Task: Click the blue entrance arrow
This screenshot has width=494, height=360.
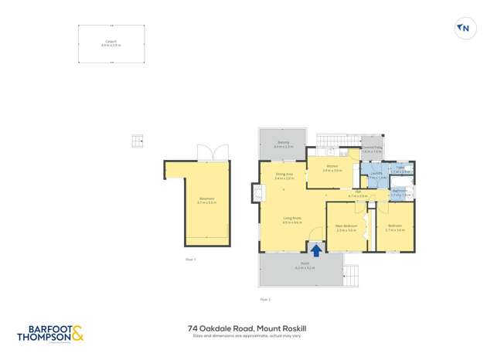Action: pos(316,250)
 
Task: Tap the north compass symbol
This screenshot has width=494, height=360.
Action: pos(464,29)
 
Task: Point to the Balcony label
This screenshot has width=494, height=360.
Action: pos(284,143)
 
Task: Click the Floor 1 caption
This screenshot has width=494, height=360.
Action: pos(190,259)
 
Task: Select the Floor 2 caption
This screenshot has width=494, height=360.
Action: pos(264,299)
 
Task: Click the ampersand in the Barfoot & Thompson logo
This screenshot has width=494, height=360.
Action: pos(77,335)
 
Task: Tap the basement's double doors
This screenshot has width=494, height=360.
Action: pos(209,153)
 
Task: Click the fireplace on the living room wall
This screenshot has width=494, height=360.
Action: pos(256,191)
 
